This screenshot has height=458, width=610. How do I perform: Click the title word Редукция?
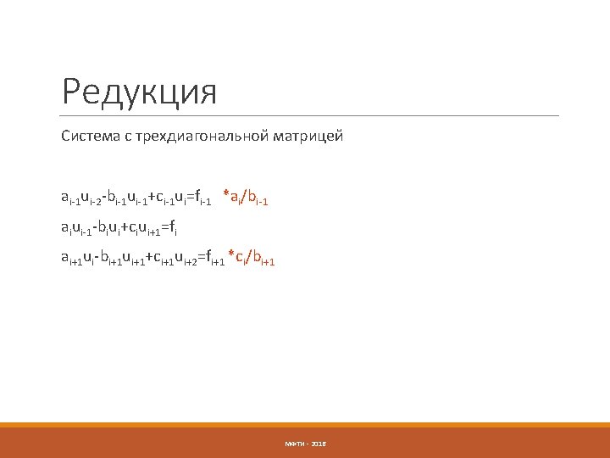[140, 92]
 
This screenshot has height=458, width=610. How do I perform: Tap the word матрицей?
[309, 136]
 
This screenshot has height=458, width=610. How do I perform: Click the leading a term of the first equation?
[65, 198]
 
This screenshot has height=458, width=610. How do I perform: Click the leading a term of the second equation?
[64, 228]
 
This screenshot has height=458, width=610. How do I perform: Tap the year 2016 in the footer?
[319, 444]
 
